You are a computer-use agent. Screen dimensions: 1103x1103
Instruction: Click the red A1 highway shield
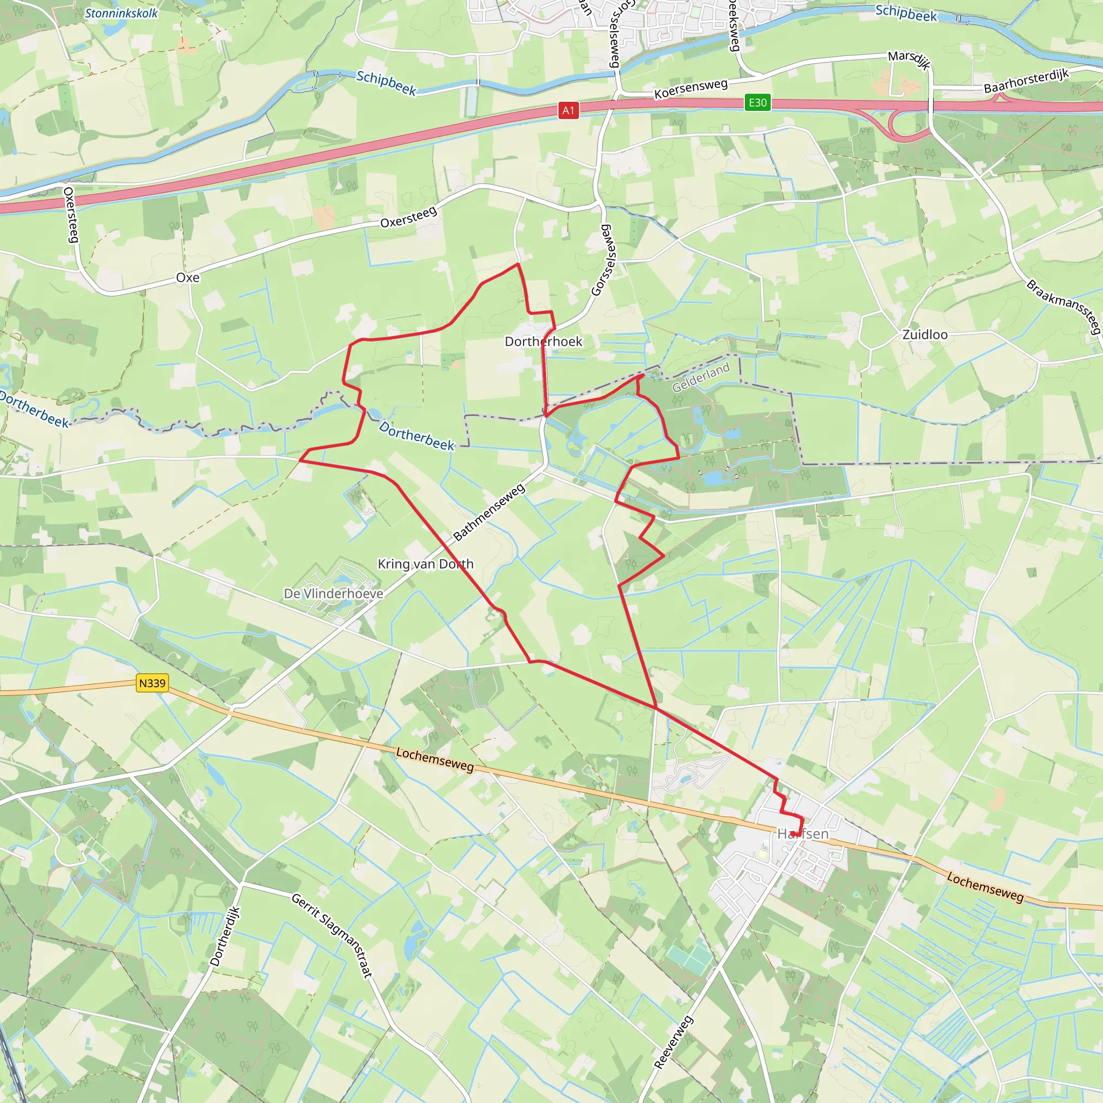[568, 110]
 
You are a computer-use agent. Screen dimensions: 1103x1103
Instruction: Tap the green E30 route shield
[758, 103]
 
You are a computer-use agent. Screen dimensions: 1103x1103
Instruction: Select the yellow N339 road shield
[152, 683]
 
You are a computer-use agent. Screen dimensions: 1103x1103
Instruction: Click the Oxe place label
[188, 278]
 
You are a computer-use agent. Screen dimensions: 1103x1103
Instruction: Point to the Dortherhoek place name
[543, 341]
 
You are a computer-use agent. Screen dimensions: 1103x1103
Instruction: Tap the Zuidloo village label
[925, 334]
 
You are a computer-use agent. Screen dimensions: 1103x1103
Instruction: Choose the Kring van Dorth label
[426, 564]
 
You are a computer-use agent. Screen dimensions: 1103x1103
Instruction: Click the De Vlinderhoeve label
[333, 594]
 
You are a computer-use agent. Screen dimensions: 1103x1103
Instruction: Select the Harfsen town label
[802, 834]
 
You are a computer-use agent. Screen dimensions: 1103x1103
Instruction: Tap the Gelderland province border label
[701, 378]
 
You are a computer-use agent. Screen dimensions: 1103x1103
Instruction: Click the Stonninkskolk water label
[121, 13]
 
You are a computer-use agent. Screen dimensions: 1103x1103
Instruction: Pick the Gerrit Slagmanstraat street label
[332, 935]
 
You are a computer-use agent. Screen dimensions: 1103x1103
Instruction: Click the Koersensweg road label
[691, 88]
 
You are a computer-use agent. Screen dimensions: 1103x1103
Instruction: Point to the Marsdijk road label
[910, 59]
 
